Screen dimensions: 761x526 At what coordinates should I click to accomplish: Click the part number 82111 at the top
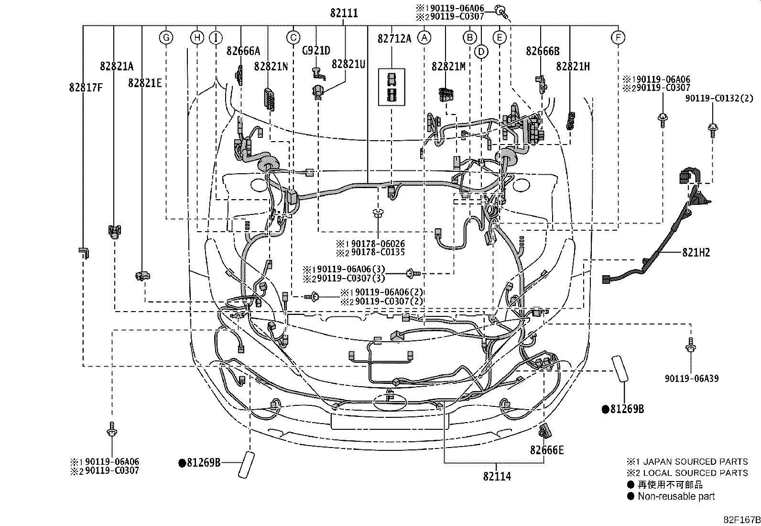click(344, 13)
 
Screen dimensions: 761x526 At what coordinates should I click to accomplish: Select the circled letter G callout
click(166, 37)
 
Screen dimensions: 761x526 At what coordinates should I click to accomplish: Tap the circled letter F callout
click(618, 37)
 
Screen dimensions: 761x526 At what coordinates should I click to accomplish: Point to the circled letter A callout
click(424, 38)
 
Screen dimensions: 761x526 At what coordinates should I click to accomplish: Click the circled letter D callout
click(481, 52)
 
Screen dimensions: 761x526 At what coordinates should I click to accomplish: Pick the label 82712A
click(394, 39)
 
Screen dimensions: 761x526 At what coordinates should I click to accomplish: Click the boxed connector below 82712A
click(391, 87)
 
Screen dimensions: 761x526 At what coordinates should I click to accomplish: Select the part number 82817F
click(86, 88)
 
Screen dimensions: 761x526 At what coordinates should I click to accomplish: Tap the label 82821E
click(145, 83)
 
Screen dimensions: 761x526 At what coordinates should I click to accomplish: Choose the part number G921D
click(316, 51)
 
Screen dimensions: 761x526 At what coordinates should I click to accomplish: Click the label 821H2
click(696, 252)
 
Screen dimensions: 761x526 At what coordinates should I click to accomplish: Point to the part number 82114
click(497, 476)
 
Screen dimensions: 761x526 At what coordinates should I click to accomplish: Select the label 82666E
click(547, 450)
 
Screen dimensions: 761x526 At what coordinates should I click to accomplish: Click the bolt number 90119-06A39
click(692, 378)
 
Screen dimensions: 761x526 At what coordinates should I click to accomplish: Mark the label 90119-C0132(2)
click(719, 98)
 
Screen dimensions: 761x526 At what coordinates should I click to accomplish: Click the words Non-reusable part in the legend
click(676, 496)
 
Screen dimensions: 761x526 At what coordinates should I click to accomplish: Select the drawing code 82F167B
click(742, 520)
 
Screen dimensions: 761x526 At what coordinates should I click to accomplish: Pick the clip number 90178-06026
click(378, 244)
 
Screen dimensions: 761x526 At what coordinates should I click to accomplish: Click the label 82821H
click(573, 67)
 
